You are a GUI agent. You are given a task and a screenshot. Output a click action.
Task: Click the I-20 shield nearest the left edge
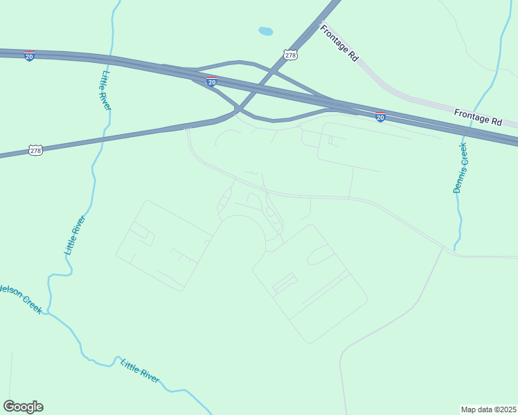pyautogui.click(x=29, y=56)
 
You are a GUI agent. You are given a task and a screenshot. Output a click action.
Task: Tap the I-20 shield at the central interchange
pyautogui.click(x=212, y=82)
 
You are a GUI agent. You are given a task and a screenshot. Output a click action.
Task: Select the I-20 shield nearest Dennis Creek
pyautogui.click(x=380, y=117)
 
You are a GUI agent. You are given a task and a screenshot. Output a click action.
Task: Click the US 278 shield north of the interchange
pyautogui.click(x=290, y=54)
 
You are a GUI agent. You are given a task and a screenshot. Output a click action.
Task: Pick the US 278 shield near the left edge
pyautogui.click(x=36, y=149)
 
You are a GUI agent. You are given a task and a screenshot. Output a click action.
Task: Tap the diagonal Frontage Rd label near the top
pyautogui.click(x=339, y=43)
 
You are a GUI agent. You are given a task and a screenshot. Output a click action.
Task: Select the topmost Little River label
pyautogui.click(x=106, y=90)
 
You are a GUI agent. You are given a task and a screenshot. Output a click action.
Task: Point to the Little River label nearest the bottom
pyautogui.click(x=140, y=371)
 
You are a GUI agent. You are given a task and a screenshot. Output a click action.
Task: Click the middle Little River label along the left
pyautogui.click(x=75, y=236)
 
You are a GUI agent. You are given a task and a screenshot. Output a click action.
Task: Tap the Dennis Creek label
pyautogui.click(x=461, y=167)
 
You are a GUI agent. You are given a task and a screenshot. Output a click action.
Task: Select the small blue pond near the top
pyautogui.click(x=265, y=31)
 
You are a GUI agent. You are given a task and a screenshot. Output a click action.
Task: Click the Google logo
pyautogui.click(x=23, y=407)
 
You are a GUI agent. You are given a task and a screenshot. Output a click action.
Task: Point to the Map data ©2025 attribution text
pyautogui.click(x=488, y=409)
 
